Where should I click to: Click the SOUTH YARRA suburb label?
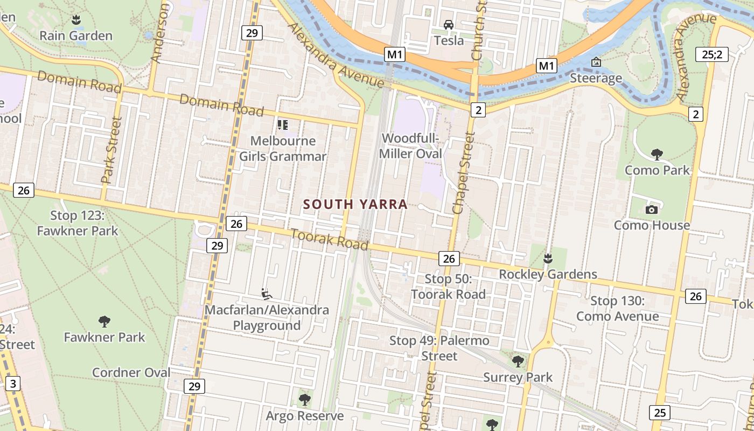(x=355, y=205)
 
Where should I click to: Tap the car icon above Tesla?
(x=449, y=25)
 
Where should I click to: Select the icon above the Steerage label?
(x=596, y=62)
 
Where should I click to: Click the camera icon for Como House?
(x=652, y=210)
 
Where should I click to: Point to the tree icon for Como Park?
(x=657, y=155)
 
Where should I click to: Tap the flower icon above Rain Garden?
(x=76, y=20)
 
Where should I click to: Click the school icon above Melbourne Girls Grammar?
(x=283, y=125)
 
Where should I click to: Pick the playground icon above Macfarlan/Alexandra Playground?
(x=266, y=294)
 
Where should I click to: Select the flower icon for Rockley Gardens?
(x=548, y=259)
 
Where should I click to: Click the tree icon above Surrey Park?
(x=518, y=361)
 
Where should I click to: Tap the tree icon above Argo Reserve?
(x=304, y=400)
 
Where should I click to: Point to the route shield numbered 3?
(x=13, y=384)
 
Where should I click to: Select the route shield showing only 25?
(x=660, y=413)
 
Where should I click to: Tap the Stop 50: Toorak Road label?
(x=448, y=287)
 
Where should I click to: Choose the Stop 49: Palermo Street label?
(x=439, y=348)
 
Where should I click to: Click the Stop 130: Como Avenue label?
(x=617, y=308)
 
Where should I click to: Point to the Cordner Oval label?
(x=131, y=373)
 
